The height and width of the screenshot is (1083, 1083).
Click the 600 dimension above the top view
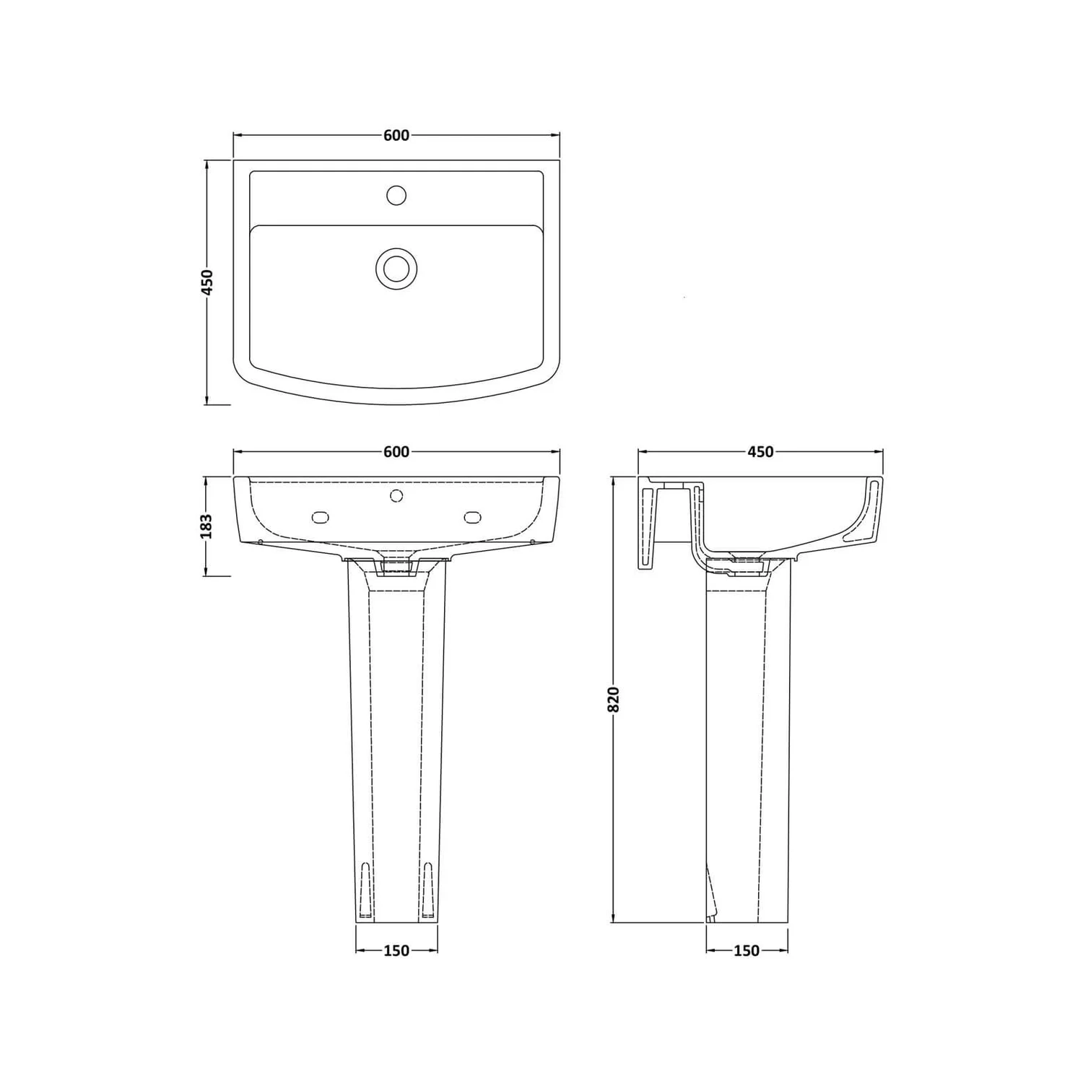pyautogui.click(x=396, y=135)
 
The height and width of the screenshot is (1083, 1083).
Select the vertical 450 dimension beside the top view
pyautogui.click(x=207, y=282)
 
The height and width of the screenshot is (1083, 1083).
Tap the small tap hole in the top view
pyautogui.click(x=396, y=195)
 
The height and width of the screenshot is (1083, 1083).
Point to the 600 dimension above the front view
pyautogui.click(x=396, y=452)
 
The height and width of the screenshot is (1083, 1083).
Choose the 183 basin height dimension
pyautogui.click(x=207, y=526)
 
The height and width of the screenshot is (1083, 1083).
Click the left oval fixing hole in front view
pyautogui.click(x=320, y=516)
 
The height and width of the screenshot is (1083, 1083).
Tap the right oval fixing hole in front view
pyautogui.click(x=473, y=516)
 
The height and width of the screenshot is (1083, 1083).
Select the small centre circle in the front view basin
pyautogui.click(x=396, y=495)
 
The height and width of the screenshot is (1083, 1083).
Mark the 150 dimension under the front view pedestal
pyautogui.click(x=396, y=951)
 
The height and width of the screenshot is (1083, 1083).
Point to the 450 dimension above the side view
pyautogui.click(x=760, y=452)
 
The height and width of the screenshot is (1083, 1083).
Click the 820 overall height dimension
pyautogui.click(x=614, y=699)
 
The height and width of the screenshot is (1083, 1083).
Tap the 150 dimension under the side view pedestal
pyautogui.click(x=747, y=951)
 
